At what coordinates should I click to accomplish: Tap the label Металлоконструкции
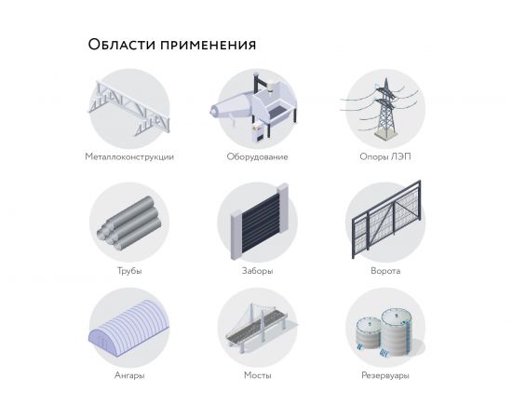(129, 156)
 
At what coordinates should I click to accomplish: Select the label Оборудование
(257, 156)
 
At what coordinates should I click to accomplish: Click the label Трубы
(129, 271)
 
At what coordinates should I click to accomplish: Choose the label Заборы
(257, 271)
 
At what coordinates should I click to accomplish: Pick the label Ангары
(129, 376)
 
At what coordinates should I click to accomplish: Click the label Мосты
(257, 376)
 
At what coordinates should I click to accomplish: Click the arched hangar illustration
(129, 330)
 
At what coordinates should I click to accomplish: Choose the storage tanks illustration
(384, 331)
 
